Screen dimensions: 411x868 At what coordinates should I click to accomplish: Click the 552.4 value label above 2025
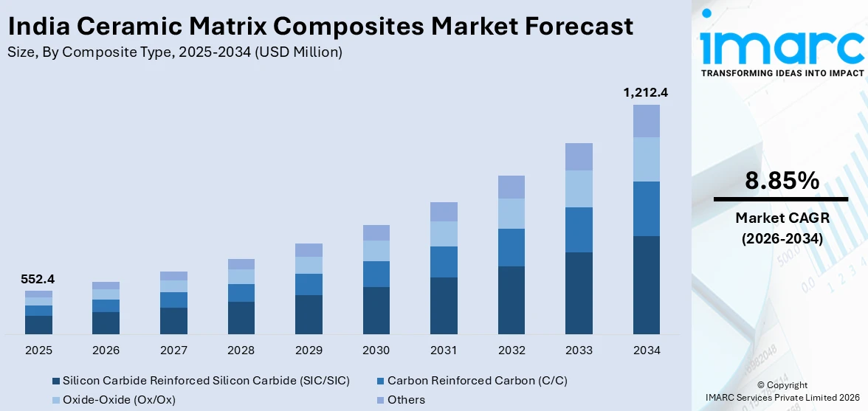[x=38, y=280]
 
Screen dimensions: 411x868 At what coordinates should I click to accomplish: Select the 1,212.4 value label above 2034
[x=646, y=93]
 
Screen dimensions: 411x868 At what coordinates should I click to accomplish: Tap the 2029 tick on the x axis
[x=309, y=350]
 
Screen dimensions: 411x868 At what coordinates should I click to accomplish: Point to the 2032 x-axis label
[x=512, y=350]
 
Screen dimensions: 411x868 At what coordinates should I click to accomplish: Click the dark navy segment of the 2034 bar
[x=646, y=285]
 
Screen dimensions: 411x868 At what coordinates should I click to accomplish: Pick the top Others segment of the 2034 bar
[x=646, y=121]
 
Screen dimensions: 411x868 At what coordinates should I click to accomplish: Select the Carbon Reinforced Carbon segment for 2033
[x=579, y=229]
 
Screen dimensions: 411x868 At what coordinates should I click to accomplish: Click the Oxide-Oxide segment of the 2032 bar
[x=512, y=213]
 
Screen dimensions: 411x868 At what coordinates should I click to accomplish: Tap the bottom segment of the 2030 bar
[x=376, y=310]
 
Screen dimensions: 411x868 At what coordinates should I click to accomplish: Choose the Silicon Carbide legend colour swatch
[x=55, y=381]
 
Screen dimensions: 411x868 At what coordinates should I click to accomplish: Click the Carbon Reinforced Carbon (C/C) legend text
[x=477, y=381]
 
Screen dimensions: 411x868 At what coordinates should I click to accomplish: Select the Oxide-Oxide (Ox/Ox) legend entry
[x=119, y=400]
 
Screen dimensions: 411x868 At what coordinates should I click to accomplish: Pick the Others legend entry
[x=406, y=400]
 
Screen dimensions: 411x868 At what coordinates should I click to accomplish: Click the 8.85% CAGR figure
[x=781, y=181]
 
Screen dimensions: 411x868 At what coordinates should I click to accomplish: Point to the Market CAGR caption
[x=781, y=218]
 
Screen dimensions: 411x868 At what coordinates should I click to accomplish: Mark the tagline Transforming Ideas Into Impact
[x=782, y=73]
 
